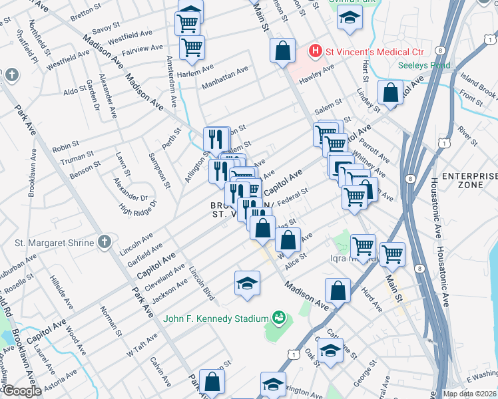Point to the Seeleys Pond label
click(x=424, y=66)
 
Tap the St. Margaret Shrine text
click(x=55, y=243)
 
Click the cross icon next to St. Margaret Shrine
click(x=105, y=243)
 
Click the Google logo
click(x=22, y=391)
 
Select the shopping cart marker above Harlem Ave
click(x=192, y=47)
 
